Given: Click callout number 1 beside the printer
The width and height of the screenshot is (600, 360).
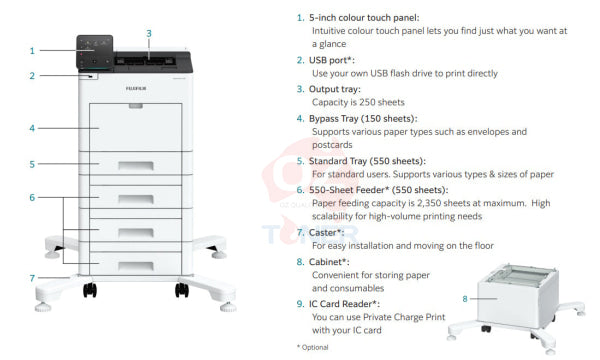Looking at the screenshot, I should tap(32, 50).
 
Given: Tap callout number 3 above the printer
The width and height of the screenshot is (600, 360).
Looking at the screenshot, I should tap(148, 33).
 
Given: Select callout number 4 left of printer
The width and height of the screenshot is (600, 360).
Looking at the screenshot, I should tap(32, 128).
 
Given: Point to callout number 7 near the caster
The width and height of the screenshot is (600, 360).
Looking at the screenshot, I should tap(32, 277).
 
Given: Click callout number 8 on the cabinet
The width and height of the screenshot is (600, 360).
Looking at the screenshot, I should tap(464, 297).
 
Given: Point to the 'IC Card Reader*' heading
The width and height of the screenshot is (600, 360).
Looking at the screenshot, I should tap(350, 303).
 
